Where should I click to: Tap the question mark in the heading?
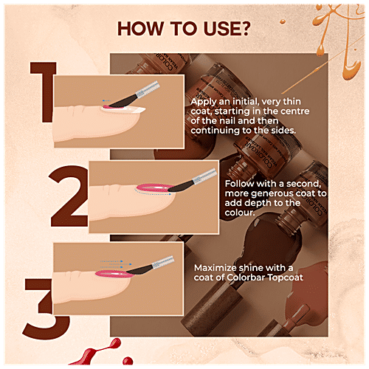point(248,30)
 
